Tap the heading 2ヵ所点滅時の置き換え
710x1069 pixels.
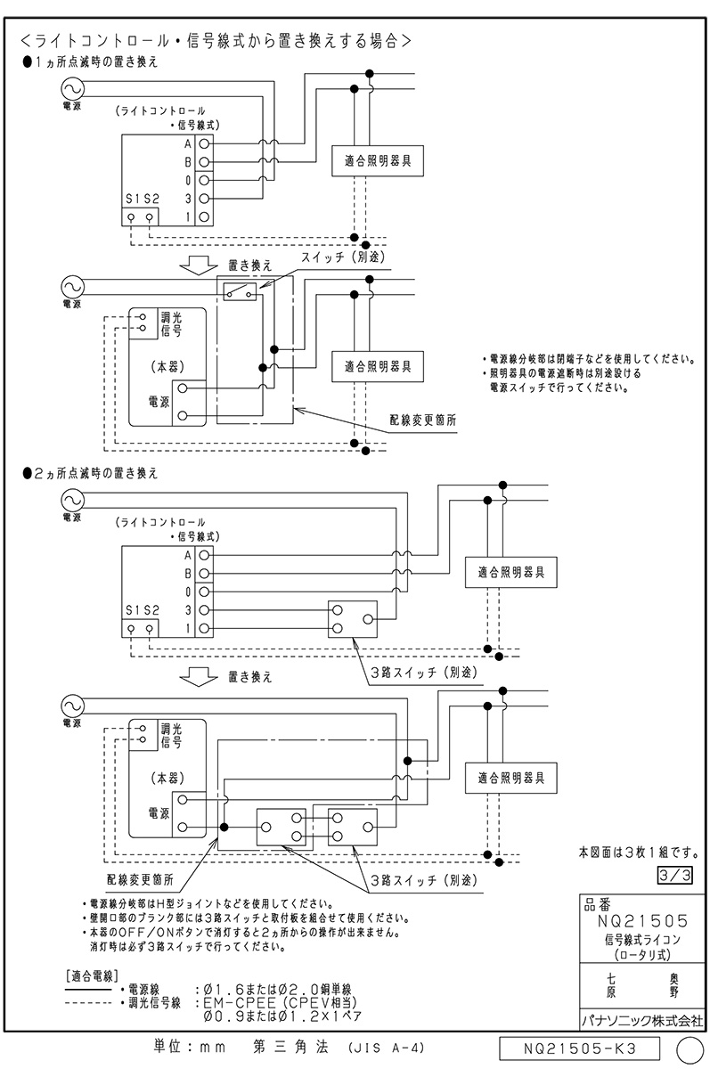coord(94,473)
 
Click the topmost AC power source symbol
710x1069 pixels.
coord(70,87)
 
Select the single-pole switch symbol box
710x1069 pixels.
coord(239,291)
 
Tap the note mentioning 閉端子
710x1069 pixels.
coord(586,359)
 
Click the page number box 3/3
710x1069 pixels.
coord(680,876)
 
